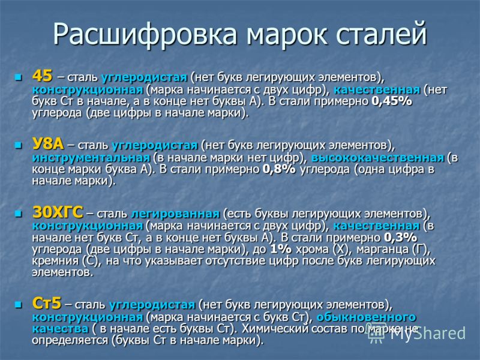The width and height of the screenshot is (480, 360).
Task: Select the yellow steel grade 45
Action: tap(42, 76)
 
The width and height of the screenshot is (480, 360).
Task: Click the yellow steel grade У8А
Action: tap(48, 143)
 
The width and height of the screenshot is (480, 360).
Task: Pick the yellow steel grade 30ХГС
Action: tap(58, 212)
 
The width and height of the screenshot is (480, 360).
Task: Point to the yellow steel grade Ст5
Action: tap(47, 303)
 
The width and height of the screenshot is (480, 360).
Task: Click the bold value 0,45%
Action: tap(392, 101)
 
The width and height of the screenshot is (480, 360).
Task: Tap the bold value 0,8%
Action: tap(279, 169)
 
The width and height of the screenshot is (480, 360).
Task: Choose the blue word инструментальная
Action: tap(91, 158)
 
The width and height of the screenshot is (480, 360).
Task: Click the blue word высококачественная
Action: tap(377, 158)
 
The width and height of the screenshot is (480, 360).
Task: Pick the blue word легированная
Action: tap(175, 214)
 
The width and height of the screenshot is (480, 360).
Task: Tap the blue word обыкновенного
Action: tap(366, 317)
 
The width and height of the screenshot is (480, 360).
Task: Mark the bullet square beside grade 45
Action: tap(19, 77)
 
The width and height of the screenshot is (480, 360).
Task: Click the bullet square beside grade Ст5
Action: tap(19, 305)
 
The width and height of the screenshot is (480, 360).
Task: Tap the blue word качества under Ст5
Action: tap(61, 329)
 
